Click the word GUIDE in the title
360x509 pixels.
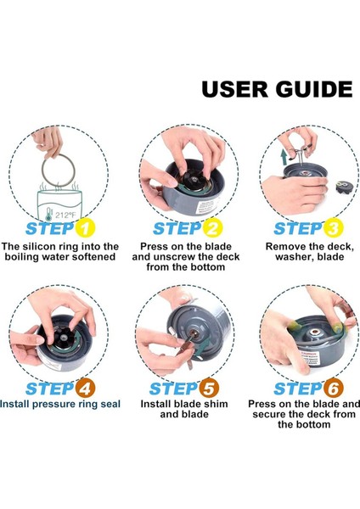[x=314, y=88]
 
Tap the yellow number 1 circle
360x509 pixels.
[x=85, y=228]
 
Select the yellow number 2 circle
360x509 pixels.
[x=212, y=228]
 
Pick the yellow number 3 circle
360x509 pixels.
[x=334, y=228]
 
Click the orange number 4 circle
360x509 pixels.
[x=85, y=389]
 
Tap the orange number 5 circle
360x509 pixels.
[x=209, y=389]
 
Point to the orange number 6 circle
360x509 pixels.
[x=334, y=389]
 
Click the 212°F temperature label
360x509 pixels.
[x=65, y=215]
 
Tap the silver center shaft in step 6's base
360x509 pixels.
[x=314, y=333]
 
